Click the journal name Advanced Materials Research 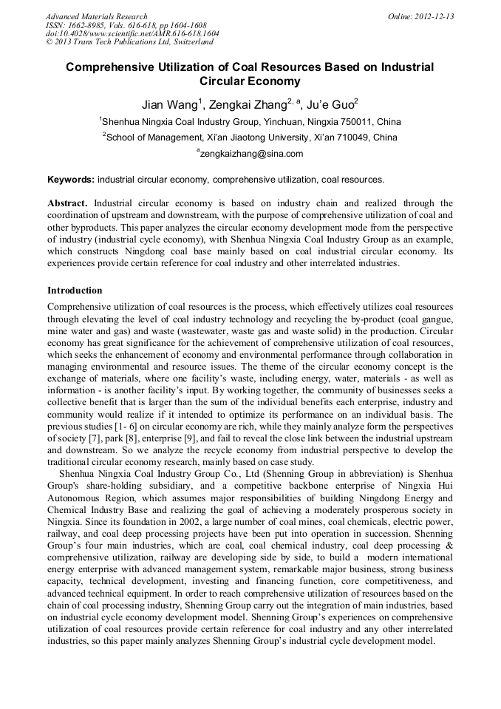coord(96,16)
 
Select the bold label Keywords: coord(71,180)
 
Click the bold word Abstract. coord(67,203)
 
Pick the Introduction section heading coord(75,291)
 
